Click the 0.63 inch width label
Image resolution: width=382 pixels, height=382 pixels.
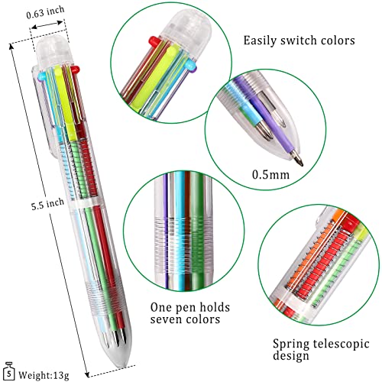click(45, 12)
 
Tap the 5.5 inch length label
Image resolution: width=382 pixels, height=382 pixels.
click(47, 204)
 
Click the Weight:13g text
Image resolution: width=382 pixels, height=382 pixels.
click(44, 375)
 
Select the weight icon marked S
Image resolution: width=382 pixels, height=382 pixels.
click(9, 371)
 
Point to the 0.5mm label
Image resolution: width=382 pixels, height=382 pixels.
click(270, 175)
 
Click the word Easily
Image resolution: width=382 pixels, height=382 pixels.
click(261, 40)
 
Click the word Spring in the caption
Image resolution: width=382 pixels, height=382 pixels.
click(291, 345)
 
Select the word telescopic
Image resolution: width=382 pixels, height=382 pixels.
click(342, 345)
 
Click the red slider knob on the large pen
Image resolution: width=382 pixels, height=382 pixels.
click(75, 69)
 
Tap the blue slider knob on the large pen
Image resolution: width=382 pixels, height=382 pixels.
click(41, 76)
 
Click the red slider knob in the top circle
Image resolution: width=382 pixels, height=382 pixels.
click(154, 41)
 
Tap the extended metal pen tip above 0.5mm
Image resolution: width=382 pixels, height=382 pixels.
click(297, 158)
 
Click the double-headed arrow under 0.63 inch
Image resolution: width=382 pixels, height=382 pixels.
click(47, 24)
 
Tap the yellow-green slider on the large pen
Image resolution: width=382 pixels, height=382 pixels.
click(64, 102)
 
